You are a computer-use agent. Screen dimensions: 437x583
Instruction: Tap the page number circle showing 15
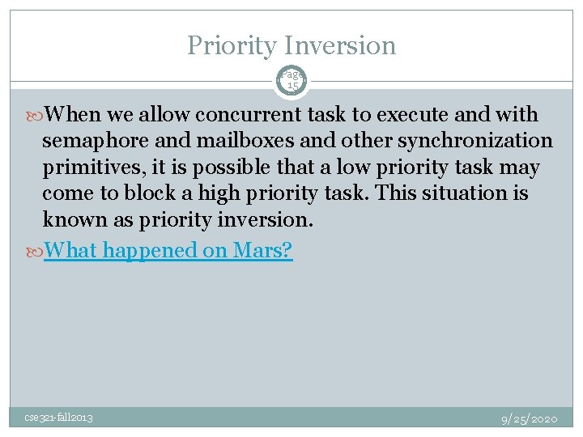(291, 80)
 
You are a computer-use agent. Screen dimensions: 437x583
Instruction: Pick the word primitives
(87, 168)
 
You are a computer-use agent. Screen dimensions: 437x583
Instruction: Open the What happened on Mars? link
(168, 250)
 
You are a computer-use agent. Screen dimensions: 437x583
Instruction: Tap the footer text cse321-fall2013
(57, 418)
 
